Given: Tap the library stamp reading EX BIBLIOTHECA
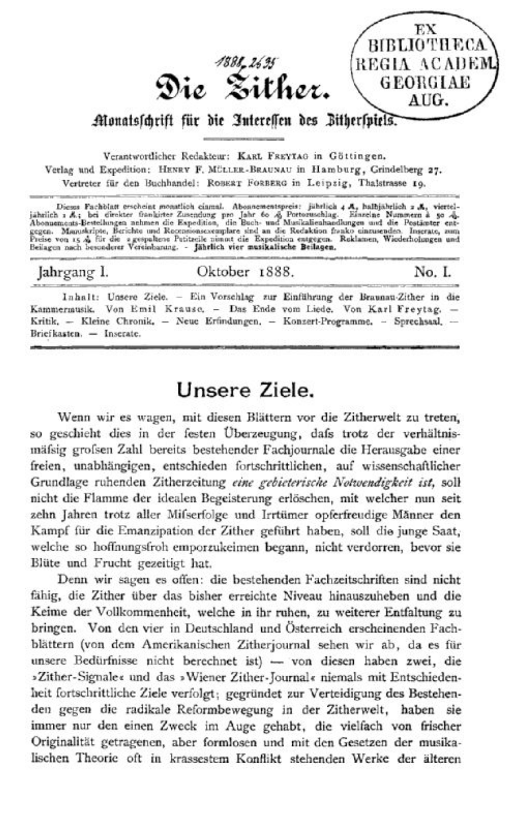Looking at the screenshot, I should coord(425,65).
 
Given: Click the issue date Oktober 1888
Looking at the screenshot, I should coord(246,272).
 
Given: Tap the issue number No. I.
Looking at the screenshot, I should coord(433,272).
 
